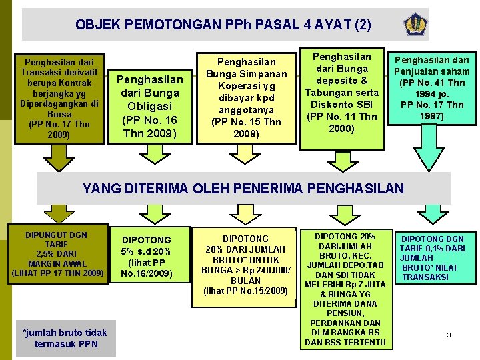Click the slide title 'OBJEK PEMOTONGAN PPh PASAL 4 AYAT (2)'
coord(223,25)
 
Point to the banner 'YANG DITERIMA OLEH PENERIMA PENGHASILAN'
coord(243,188)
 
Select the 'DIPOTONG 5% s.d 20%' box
coord(146,256)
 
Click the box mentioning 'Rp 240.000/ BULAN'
coord(245,265)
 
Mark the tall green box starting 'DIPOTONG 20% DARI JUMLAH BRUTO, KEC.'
coord(345,289)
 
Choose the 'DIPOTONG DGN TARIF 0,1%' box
coord(433,257)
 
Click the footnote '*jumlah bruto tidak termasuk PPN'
coord(64,338)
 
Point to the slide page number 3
coord(449,335)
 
